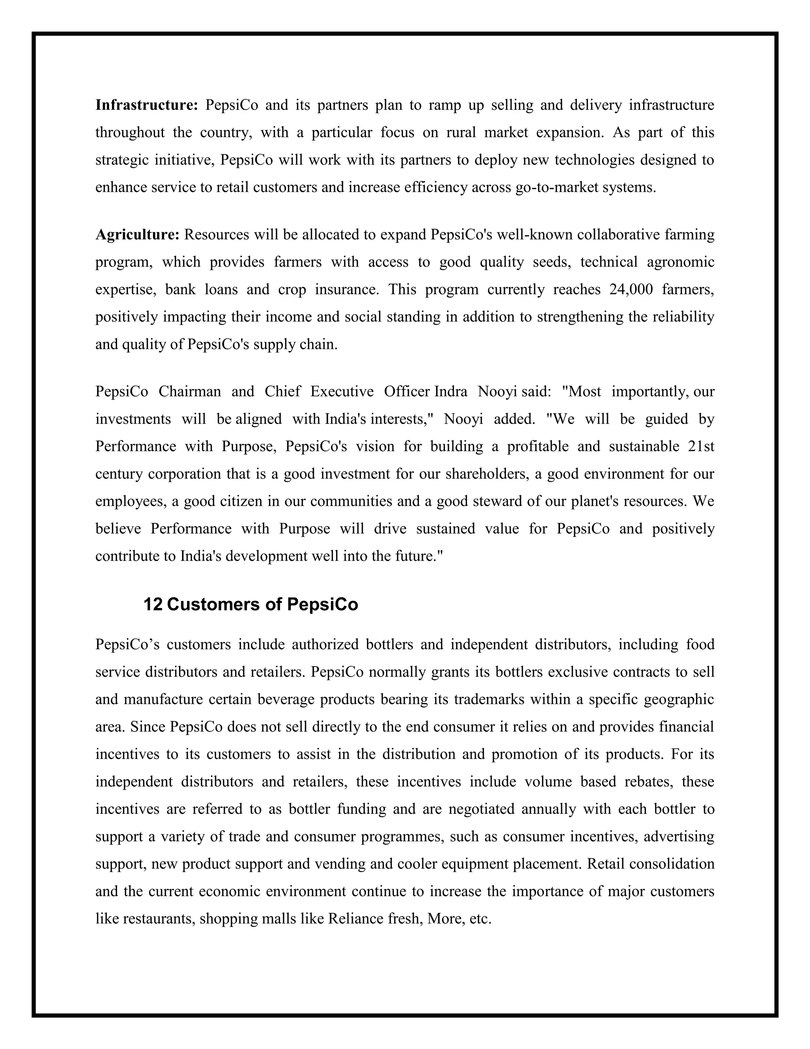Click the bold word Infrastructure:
(x=146, y=105)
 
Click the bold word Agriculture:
(x=137, y=234)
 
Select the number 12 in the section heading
(x=153, y=604)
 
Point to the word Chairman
(x=189, y=391)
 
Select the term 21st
(x=701, y=446)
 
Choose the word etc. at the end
(x=481, y=918)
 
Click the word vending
(x=340, y=864)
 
